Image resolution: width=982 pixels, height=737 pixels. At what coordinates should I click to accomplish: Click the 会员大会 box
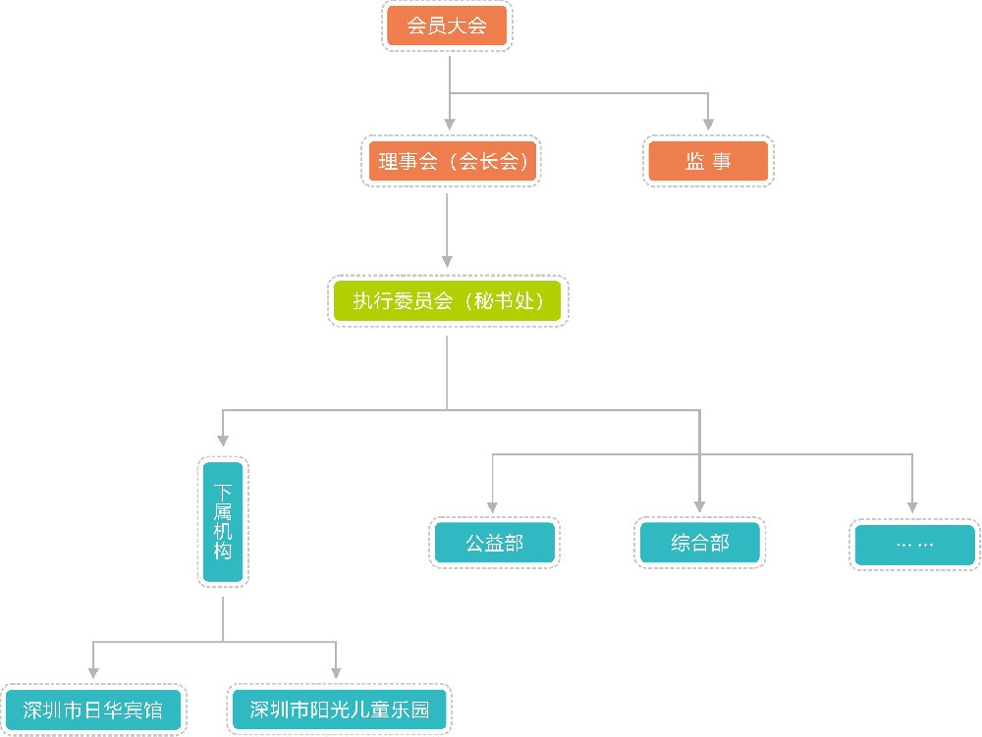point(448,26)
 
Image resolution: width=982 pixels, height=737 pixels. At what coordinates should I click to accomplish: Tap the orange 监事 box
point(709,162)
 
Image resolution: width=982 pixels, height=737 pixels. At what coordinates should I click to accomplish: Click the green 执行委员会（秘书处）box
point(448,301)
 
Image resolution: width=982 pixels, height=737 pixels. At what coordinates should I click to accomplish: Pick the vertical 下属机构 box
point(223,522)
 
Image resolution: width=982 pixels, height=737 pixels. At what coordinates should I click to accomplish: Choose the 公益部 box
point(494,543)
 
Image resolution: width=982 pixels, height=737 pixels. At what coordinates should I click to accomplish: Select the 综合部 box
point(700,543)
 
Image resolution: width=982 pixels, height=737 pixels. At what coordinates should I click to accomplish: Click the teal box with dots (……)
point(914,545)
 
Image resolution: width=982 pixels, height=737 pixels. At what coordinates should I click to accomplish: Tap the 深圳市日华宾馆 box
point(93,710)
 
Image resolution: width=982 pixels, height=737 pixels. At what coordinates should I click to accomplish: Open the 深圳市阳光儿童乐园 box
point(339,710)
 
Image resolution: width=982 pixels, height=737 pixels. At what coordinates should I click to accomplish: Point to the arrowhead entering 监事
point(708,124)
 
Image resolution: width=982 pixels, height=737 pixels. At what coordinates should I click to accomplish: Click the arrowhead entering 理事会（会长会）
point(449,124)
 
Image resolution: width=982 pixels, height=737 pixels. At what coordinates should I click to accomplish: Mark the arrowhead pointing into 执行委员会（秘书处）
point(448,261)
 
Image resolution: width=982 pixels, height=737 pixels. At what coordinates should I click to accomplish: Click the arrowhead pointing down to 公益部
point(493,506)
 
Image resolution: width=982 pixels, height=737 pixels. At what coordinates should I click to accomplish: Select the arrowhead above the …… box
point(912,506)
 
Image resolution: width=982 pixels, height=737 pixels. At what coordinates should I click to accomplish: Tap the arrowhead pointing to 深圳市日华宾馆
point(92,673)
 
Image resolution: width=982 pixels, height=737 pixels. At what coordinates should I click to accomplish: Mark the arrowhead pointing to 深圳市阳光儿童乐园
point(336,673)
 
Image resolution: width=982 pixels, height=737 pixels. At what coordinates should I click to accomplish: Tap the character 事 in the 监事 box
point(722,162)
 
